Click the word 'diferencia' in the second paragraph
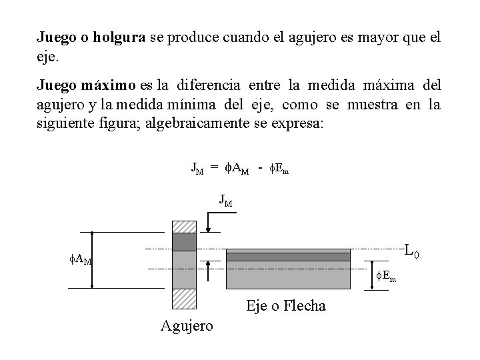[207, 87]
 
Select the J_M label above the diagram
[226, 199]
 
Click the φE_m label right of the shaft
[385, 275]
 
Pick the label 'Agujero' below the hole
[187, 325]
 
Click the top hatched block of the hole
[185, 225]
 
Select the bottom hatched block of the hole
[185, 298]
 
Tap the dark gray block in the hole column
[185, 241]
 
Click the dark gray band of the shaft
[288, 257]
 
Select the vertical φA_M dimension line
[92, 259]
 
